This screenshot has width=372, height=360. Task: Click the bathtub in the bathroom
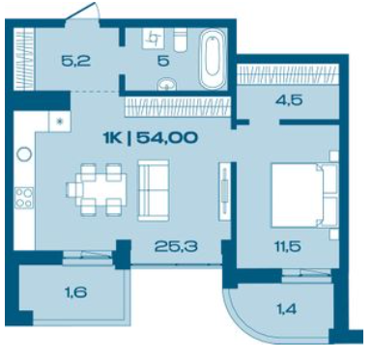(x=213, y=59)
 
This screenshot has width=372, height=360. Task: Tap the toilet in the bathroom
(x=181, y=40)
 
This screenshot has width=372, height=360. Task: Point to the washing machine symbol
(x=154, y=38)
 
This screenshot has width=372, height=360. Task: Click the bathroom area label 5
(x=163, y=61)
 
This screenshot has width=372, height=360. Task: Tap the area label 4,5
(x=289, y=100)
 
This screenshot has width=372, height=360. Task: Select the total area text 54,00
(x=167, y=138)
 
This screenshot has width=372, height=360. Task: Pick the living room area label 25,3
(x=176, y=246)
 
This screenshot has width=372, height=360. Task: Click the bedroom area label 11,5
(x=288, y=247)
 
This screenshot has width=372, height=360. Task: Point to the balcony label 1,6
(x=75, y=292)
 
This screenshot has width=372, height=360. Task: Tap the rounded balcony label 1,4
(x=286, y=310)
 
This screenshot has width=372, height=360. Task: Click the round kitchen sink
(x=24, y=154)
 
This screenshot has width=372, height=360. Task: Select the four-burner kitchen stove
(x=24, y=198)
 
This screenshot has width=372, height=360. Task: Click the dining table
(x=97, y=189)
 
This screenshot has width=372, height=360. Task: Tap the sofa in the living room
(x=154, y=190)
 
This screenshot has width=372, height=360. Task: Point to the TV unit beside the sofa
(x=224, y=191)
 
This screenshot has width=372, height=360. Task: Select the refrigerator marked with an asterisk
(x=59, y=122)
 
